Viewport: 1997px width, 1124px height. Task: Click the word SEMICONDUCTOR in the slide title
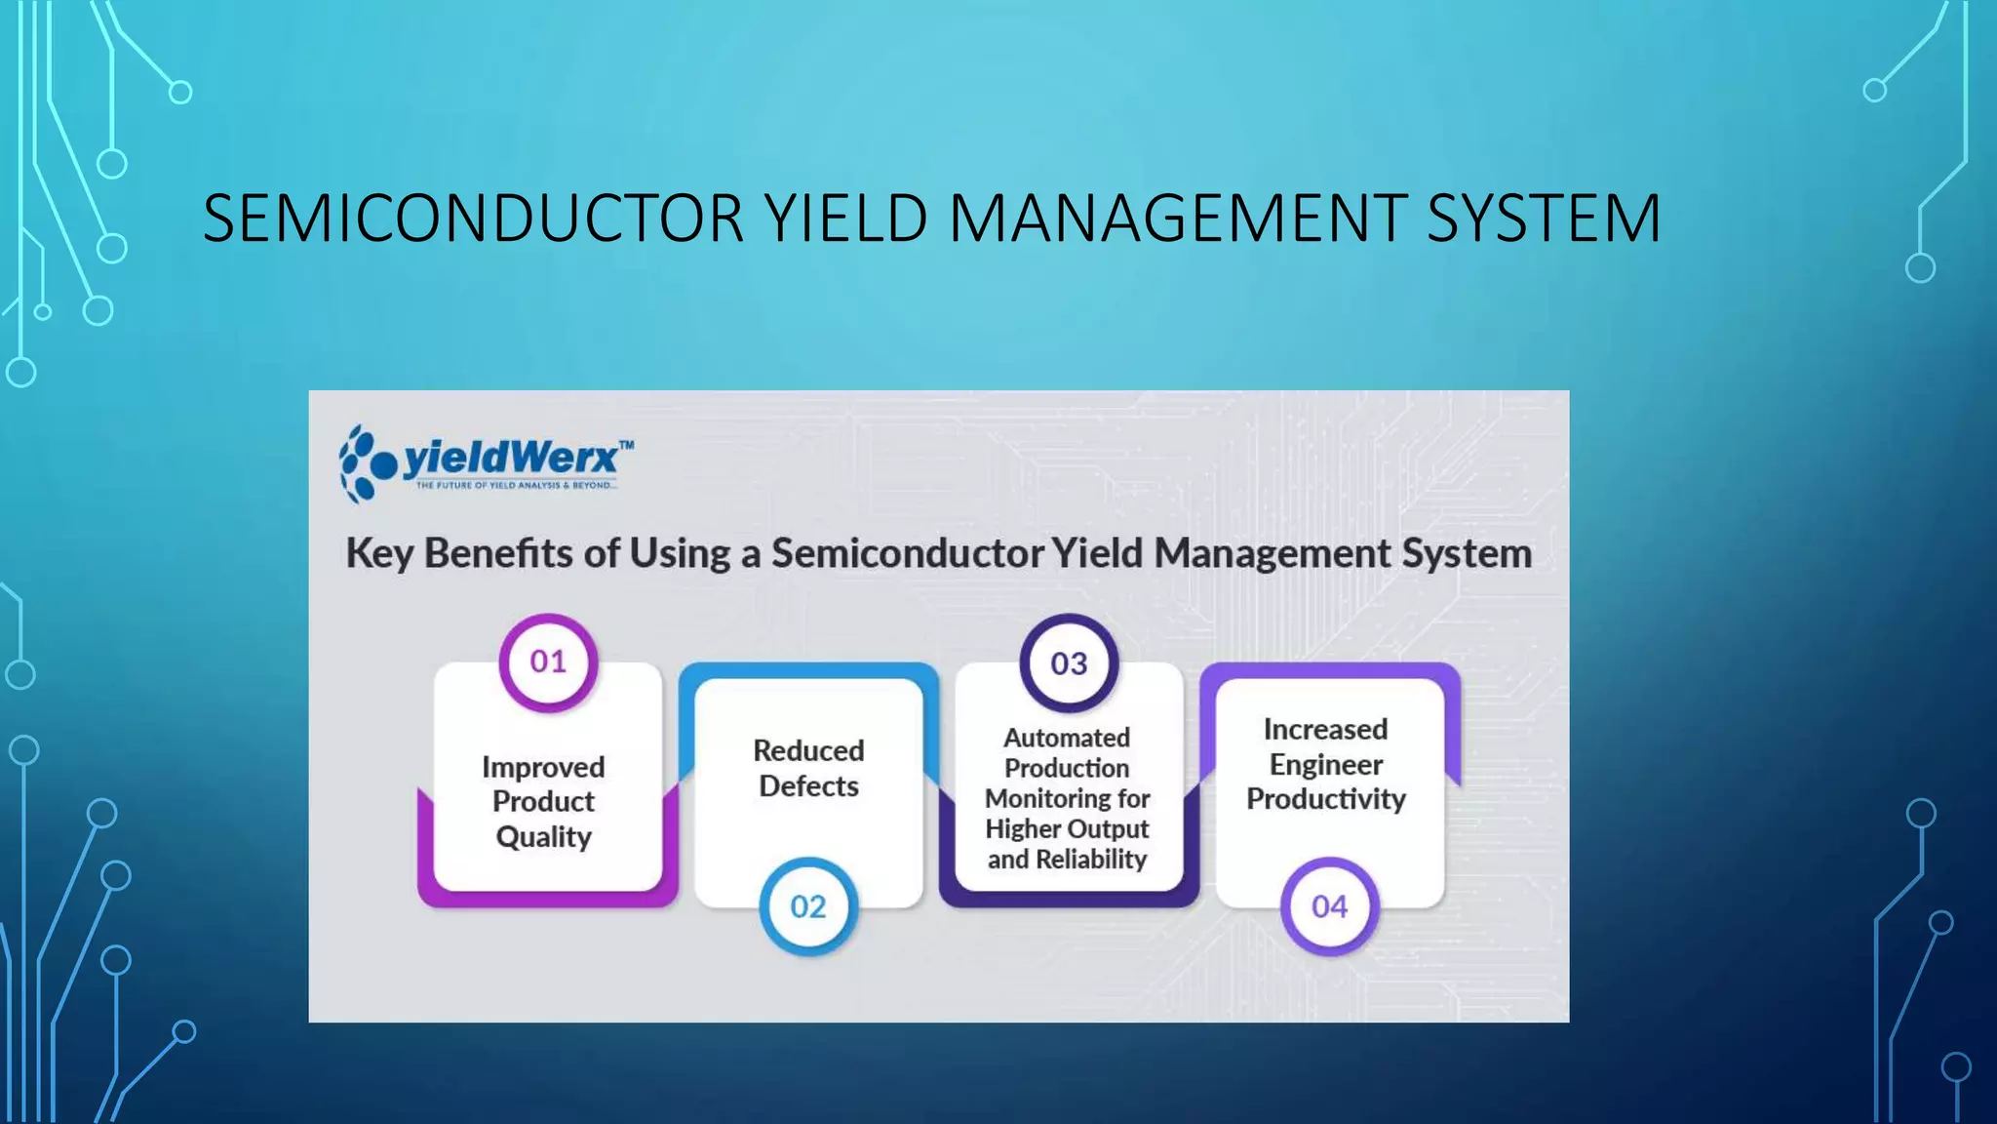(473, 219)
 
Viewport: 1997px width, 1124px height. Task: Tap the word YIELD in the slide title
(844, 219)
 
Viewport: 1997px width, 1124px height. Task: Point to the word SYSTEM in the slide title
(1543, 219)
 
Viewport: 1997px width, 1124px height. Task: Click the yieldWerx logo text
(510, 458)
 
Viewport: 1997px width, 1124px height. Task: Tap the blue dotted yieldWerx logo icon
(366, 463)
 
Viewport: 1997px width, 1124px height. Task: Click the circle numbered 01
(548, 662)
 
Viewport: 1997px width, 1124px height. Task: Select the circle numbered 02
(807, 907)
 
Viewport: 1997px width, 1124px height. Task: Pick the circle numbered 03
(1069, 664)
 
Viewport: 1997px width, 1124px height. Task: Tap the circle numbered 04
(1329, 907)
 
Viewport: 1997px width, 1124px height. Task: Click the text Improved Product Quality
(543, 802)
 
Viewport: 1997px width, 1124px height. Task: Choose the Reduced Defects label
(808, 768)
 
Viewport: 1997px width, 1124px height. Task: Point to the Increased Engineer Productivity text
(1325, 764)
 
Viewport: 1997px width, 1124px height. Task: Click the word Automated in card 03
(1067, 738)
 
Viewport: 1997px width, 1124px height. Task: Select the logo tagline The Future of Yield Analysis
(515, 485)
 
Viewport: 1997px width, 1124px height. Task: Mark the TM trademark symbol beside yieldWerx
(626, 445)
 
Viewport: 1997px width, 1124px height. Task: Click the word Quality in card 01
(543, 837)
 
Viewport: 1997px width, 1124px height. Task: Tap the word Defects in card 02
(808, 786)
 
